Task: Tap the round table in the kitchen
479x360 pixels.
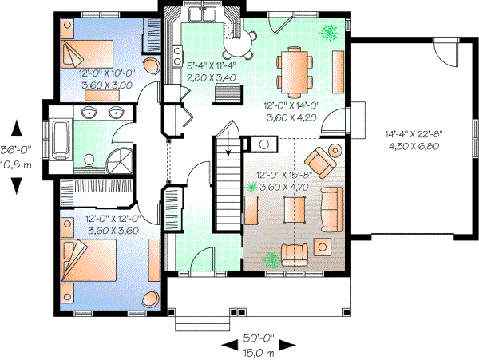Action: click(x=250, y=34)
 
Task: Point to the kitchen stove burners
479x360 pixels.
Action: click(x=176, y=55)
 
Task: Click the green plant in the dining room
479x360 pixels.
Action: click(x=327, y=33)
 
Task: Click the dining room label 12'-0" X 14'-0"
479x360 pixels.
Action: click(x=291, y=104)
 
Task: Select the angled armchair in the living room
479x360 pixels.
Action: click(x=323, y=160)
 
